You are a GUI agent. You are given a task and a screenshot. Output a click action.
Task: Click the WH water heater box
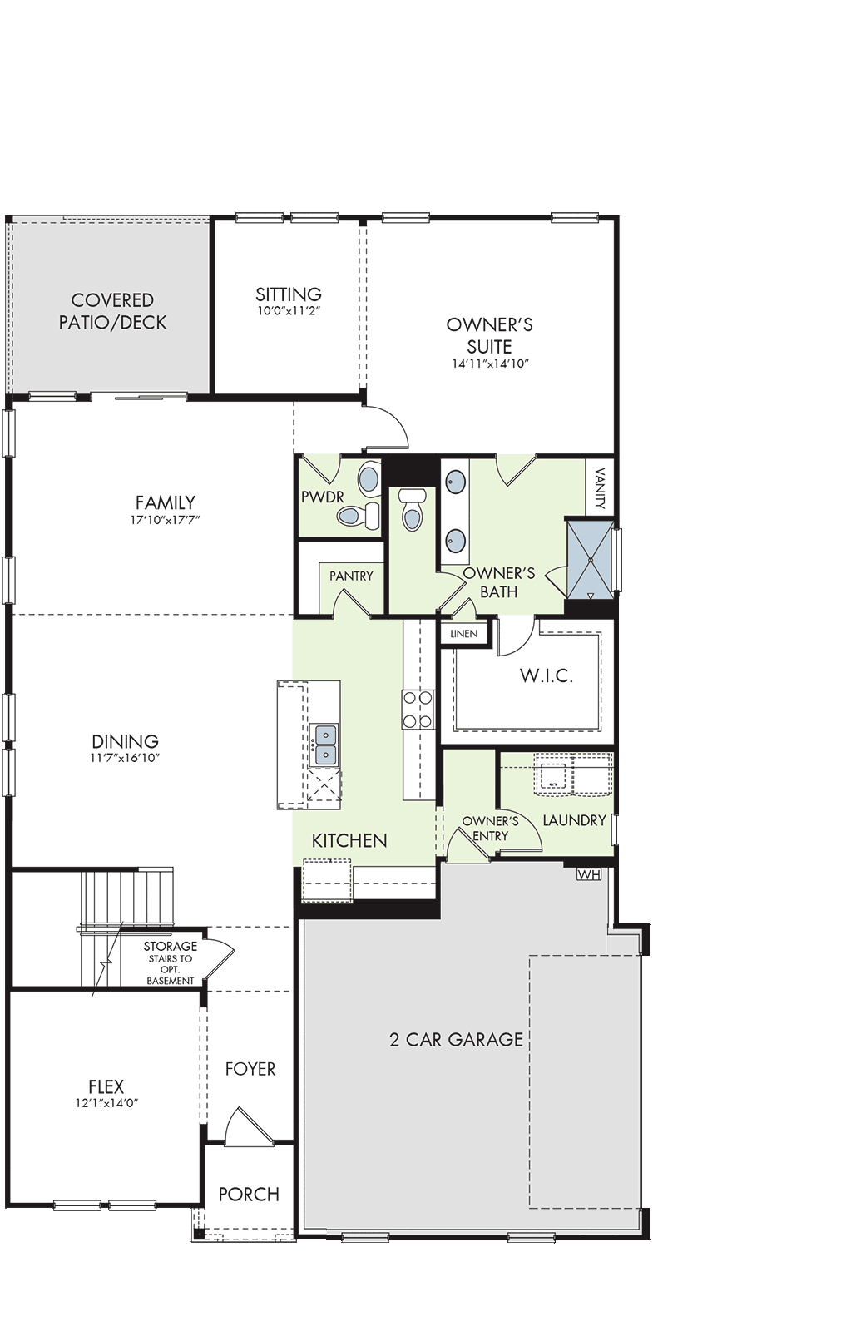click(x=589, y=874)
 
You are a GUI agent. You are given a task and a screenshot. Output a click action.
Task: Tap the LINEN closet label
click(x=463, y=633)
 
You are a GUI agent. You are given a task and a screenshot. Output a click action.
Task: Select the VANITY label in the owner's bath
click(x=600, y=488)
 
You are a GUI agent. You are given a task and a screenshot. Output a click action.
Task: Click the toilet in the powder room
click(x=358, y=515)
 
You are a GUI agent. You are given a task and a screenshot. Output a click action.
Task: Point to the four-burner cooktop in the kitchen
click(x=418, y=710)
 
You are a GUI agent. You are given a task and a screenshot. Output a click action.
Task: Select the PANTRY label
click(x=351, y=576)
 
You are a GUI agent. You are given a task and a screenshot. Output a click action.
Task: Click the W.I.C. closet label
click(x=547, y=675)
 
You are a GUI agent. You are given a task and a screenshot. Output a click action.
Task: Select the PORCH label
click(x=249, y=1194)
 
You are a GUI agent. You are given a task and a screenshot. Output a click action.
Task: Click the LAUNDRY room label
click(x=574, y=820)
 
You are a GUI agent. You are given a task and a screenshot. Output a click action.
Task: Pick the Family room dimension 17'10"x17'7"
click(x=166, y=519)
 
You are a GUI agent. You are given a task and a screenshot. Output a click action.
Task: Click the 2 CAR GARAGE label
click(x=457, y=1039)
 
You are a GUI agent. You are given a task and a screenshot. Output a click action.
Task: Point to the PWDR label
click(x=323, y=497)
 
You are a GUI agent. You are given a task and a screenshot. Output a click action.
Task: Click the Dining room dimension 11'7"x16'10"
click(x=126, y=758)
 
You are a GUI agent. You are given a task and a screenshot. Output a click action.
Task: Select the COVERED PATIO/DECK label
click(x=112, y=311)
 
